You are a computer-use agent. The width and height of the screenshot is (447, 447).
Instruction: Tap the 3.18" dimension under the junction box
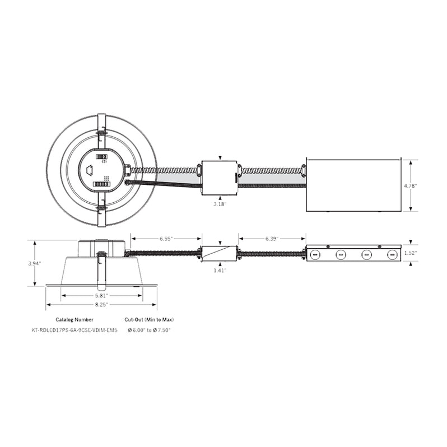[220, 204]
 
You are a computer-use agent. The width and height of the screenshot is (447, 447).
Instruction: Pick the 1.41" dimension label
[219, 271]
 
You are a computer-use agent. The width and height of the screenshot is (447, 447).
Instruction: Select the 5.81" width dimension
[101, 295]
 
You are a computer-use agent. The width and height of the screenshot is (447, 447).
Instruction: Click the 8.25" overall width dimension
[101, 305]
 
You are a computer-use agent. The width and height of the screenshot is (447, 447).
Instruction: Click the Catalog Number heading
[78, 319]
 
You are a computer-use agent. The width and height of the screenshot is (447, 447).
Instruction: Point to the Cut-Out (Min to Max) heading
[148, 319]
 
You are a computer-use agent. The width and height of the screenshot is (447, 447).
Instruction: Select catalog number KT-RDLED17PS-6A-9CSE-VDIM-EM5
[74, 330]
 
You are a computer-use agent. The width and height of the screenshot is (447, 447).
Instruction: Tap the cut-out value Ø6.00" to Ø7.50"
[148, 330]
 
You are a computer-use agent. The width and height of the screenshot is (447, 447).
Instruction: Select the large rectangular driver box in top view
[354, 185]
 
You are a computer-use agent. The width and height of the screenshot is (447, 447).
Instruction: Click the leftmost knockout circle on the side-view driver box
[315, 255]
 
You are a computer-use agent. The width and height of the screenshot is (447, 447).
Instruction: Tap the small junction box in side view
[219, 253]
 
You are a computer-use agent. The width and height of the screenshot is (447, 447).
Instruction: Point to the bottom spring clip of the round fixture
[101, 212]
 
